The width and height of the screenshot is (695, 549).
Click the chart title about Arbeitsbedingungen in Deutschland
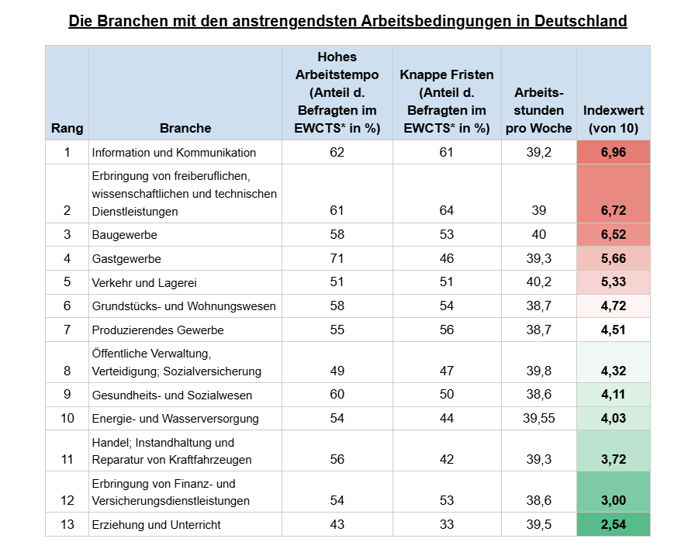347,21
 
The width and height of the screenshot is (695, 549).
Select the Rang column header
67,128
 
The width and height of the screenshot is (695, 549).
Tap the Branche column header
185,128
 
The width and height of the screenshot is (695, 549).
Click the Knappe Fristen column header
447,102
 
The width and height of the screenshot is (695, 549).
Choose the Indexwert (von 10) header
613,119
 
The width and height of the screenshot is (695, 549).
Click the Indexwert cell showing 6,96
613,152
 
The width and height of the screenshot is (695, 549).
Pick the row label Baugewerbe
120,235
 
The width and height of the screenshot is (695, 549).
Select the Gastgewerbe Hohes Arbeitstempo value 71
337,258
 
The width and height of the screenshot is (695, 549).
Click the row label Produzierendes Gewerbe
157,330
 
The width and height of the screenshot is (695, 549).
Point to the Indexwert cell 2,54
613,525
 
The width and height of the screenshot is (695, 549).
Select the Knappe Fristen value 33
447,525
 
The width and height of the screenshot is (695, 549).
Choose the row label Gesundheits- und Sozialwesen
171,395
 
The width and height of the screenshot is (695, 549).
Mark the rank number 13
67,525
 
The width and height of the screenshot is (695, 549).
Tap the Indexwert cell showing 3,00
613,501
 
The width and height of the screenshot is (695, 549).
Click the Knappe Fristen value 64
447,211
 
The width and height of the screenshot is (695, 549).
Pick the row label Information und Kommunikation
174,152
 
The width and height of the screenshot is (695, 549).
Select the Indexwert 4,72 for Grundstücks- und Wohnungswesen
613,306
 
